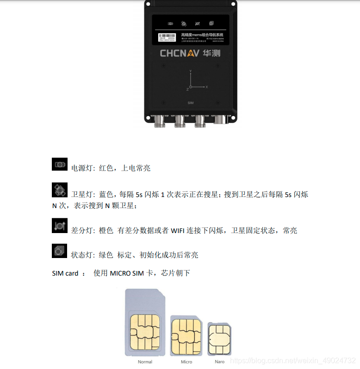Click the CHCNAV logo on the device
(180, 53)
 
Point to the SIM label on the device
(190, 102)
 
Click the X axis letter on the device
(206, 87)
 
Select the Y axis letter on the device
(191, 70)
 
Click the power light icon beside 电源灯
(60, 164)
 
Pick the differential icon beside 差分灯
(60, 226)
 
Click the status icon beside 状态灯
(60, 251)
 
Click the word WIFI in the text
(179, 230)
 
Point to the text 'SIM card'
(65, 273)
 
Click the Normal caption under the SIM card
(145, 362)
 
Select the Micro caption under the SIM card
(186, 362)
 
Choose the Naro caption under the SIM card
(219, 362)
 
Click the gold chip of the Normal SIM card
(145, 332)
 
